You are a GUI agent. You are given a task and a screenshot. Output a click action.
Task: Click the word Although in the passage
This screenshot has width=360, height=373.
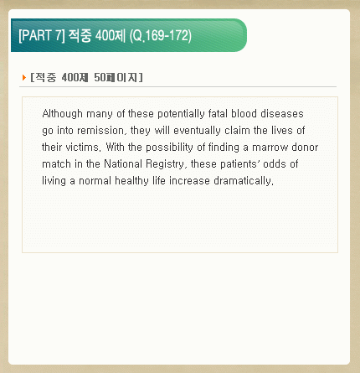[62, 114]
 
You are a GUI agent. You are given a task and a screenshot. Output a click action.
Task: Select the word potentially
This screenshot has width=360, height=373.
[181, 114]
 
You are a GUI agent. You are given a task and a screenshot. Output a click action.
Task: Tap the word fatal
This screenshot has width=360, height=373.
[218, 114]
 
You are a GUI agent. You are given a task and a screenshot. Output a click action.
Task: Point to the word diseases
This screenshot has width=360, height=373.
[282, 114]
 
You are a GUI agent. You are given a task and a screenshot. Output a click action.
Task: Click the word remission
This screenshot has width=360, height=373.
[100, 131]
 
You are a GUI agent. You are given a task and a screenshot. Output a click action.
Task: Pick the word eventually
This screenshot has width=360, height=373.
[197, 131]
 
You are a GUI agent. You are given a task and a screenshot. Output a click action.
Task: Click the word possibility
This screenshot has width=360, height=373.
[169, 148]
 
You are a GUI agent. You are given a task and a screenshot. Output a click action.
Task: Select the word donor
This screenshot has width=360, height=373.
[305, 148]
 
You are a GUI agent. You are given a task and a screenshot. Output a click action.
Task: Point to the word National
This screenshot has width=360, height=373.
[123, 164]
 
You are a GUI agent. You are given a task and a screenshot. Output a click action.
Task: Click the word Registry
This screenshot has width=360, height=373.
[166, 164]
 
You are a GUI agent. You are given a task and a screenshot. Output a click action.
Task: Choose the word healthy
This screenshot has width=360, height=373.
[131, 181]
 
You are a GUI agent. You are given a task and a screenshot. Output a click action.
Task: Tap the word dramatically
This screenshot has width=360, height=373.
[244, 181]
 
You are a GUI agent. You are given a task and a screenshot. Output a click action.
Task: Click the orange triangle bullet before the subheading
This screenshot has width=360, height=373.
[24, 77]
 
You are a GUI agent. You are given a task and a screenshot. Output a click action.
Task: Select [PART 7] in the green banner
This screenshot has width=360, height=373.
[42, 35]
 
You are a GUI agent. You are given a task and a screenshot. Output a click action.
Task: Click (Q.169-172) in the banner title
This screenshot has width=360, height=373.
[161, 36]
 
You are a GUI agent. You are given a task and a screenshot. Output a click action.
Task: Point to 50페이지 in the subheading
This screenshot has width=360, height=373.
[118, 77]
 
